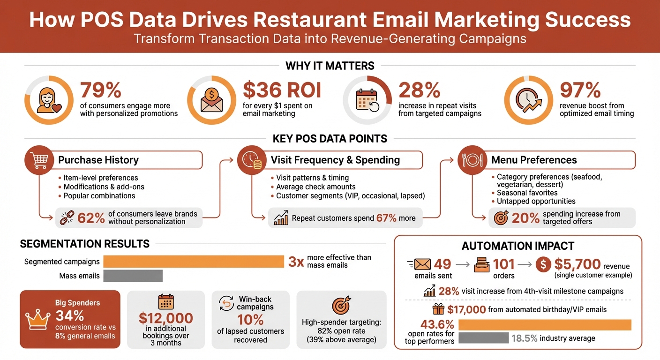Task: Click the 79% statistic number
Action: pyautogui.click(x=101, y=90)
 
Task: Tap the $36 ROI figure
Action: pyautogui.click(x=282, y=90)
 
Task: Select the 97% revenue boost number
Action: pyautogui.click(x=580, y=90)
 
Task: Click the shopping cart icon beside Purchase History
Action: pyautogui.click(x=38, y=160)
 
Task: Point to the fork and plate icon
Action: pyautogui.click(x=472, y=160)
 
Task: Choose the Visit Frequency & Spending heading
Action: pyautogui.click(x=335, y=160)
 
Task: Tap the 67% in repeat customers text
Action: pyautogui.click(x=387, y=218)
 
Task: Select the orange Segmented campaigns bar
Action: pyautogui.click(x=194, y=262)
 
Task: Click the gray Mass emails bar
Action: pyautogui.click(x=133, y=276)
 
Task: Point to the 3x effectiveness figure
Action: pyautogui.click(x=296, y=262)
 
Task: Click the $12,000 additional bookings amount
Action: pyautogui.click(x=166, y=318)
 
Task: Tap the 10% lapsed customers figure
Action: pyautogui.click(x=250, y=320)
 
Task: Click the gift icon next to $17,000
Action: pyautogui.click(x=438, y=309)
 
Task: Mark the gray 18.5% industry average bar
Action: pyautogui.click(x=483, y=338)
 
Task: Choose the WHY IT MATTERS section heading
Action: pyautogui.click(x=330, y=66)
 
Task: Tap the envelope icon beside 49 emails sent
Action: pyautogui.click(x=422, y=265)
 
